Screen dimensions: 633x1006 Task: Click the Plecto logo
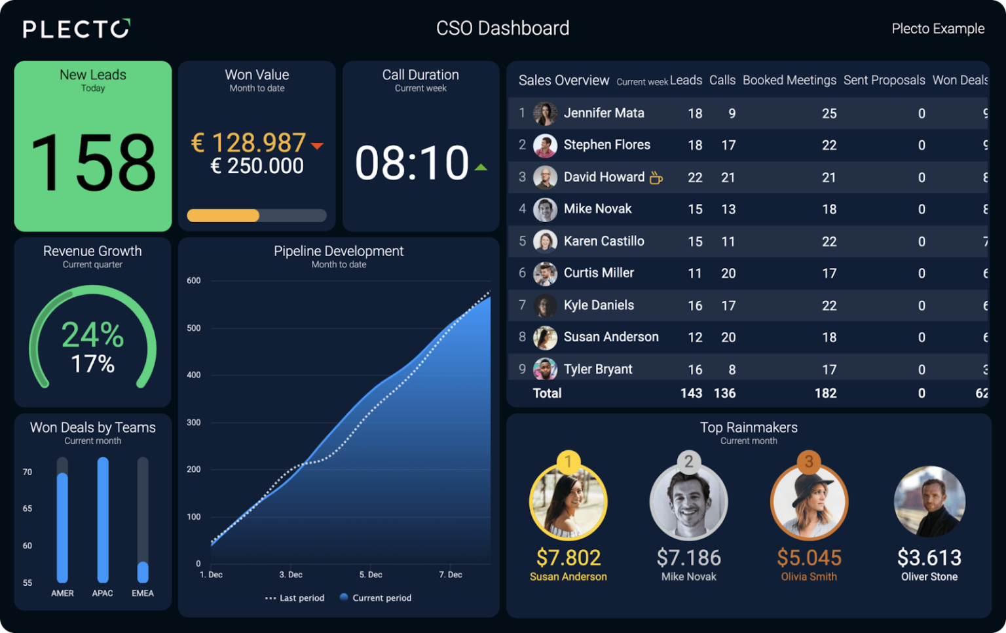[x=76, y=29]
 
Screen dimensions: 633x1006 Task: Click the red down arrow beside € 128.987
[x=317, y=146]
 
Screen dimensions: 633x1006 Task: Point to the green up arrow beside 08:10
[x=481, y=168]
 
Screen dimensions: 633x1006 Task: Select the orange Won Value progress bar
[x=223, y=216]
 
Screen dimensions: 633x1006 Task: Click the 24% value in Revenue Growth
[x=92, y=335]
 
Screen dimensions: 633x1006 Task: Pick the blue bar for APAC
[x=103, y=520]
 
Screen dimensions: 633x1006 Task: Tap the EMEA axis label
[x=142, y=593]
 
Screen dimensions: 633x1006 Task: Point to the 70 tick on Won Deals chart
[x=28, y=472]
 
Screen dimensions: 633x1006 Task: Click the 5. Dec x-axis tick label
[x=371, y=575]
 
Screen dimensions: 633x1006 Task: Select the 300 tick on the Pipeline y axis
[x=193, y=423]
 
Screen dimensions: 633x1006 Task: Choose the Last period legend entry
[x=295, y=598]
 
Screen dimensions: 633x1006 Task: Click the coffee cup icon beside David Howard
[x=656, y=178]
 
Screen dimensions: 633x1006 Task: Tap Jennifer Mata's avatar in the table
[x=545, y=113]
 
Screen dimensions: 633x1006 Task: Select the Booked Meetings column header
[x=789, y=80]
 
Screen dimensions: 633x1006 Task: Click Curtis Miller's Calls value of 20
[x=728, y=273]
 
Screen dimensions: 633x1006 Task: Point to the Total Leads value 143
[x=691, y=393]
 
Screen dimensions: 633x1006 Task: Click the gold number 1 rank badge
[x=568, y=461]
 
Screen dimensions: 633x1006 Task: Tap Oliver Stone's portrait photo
[x=929, y=501]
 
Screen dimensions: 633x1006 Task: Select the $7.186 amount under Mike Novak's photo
[x=688, y=558]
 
